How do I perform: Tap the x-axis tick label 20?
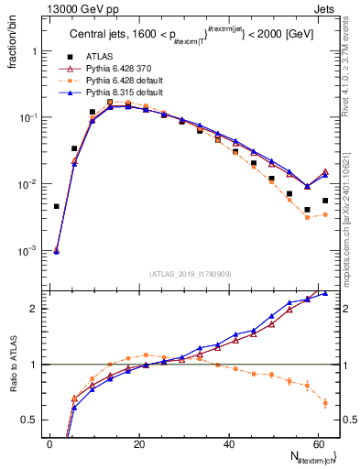(138, 445)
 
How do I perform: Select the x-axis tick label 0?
(49, 445)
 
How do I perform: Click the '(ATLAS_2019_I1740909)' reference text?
(190, 275)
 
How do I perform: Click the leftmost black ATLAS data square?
(57, 206)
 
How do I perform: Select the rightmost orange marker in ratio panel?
(325, 402)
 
